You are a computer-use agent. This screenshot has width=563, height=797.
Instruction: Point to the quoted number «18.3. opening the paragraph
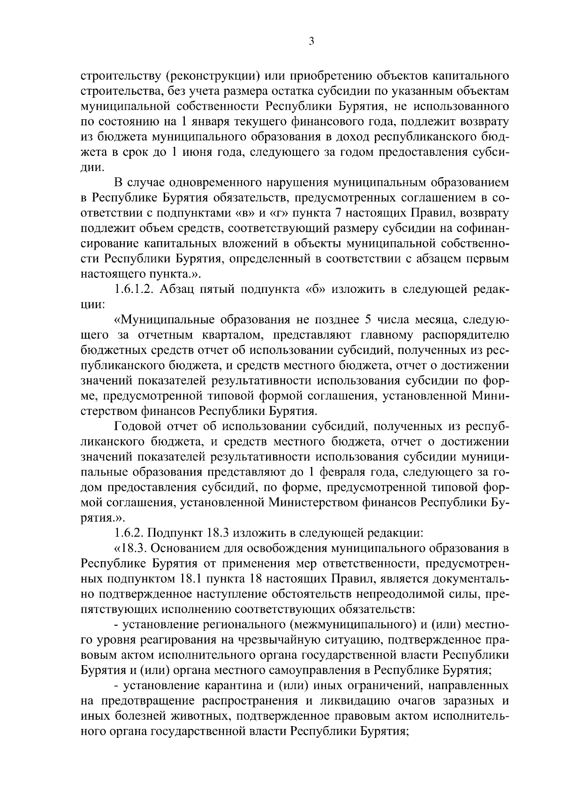coord(130,548)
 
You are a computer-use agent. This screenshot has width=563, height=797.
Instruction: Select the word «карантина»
coord(230,686)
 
